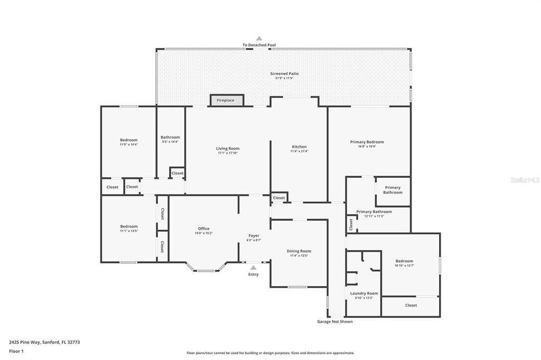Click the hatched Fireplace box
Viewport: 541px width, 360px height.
(227, 100)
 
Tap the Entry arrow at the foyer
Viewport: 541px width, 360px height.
(253, 268)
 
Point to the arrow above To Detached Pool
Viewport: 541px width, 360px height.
(259, 39)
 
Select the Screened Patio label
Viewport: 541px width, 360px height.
(284, 73)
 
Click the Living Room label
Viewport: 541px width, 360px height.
(228, 148)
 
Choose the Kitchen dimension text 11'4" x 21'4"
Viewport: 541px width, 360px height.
(299, 151)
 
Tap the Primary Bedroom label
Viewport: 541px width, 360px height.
(367, 141)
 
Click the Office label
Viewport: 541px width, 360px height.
(204, 229)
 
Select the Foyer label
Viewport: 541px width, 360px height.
(254, 235)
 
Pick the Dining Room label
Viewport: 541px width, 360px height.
(299, 251)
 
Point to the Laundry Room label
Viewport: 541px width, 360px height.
(364, 293)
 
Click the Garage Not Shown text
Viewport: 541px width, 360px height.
(334, 321)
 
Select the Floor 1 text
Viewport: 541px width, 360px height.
(16, 351)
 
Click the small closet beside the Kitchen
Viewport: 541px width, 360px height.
(279, 198)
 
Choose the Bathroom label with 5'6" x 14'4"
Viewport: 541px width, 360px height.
(170, 137)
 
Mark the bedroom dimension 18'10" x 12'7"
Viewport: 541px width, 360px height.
(405, 266)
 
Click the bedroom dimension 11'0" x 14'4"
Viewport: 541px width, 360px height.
(128, 145)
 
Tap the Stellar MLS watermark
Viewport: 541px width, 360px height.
(524, 180)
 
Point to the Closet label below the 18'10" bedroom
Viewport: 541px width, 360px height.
(411, 305)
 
